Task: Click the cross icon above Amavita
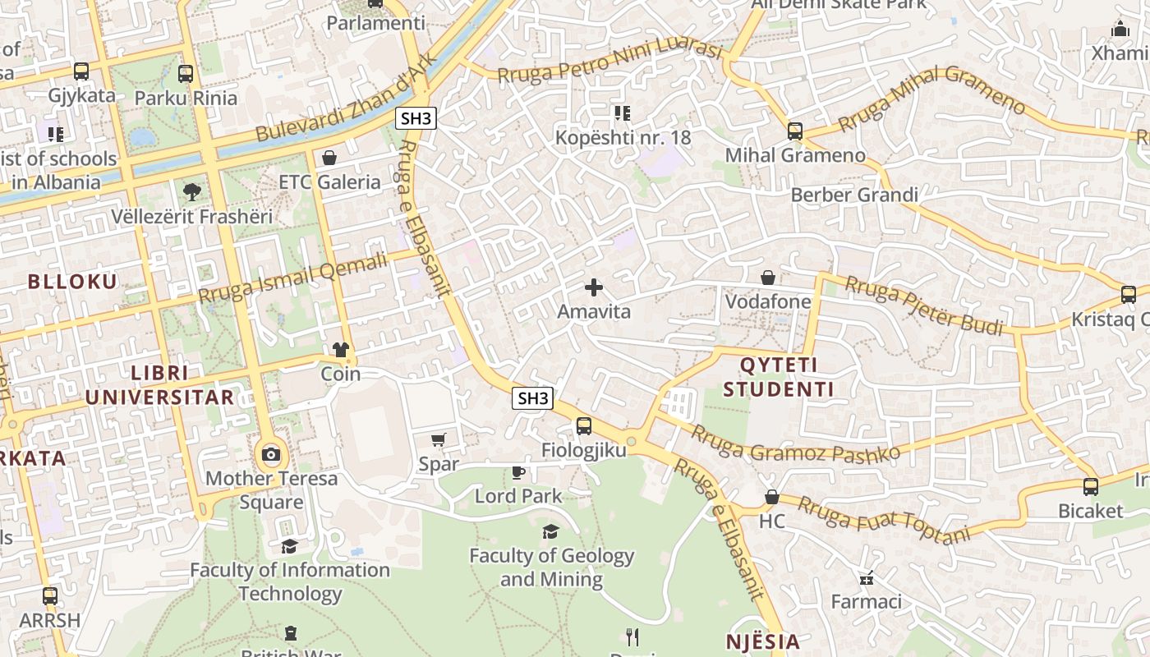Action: click(x=593, y=287)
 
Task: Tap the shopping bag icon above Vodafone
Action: click(x=768, y=278)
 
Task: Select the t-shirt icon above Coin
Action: click(x=341, y=350)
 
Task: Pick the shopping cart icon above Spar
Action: click(x=439, y=440)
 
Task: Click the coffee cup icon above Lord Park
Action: click(x=517, y=472)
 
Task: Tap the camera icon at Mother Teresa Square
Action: click(x=271, y=454)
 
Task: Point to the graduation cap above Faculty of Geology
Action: click(x=551, y=532)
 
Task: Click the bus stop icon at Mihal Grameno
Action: click(x=794, y=131)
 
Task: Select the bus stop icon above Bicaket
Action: click(x=1090, y=487)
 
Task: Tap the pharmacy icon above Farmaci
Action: click(x=866, y=578)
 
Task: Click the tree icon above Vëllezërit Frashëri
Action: click(x=191, y=192)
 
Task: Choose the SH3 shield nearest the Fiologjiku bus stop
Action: click(x=532, y=399)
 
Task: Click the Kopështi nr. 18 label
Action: click(x=623, y=137)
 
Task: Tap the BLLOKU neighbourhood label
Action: click(x=72, y=282)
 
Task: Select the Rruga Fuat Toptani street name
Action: click(x=883, y=520)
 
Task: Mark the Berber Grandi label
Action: click(x=854, y=195)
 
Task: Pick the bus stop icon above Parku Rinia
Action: click(x=186, y=73)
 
